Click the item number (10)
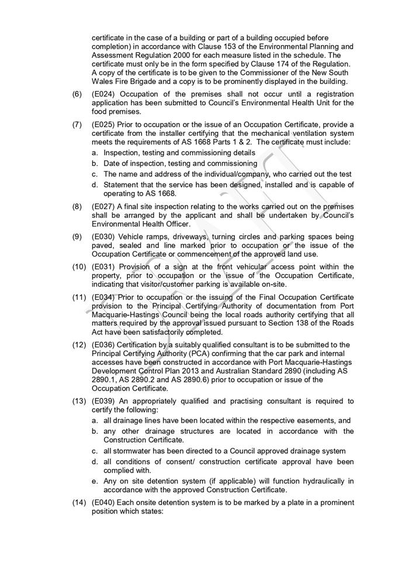(79, 266)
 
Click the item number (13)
(79, 401)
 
